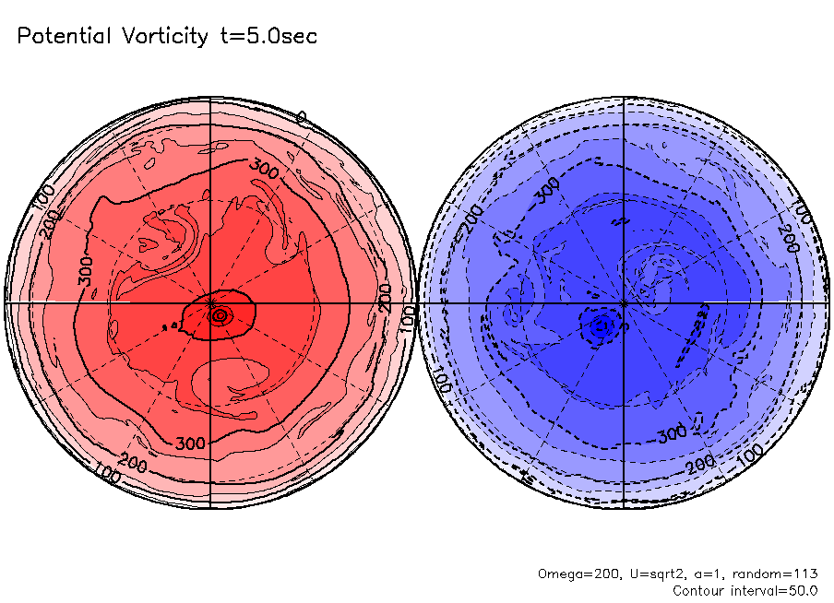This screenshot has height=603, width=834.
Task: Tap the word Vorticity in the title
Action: point(165,36)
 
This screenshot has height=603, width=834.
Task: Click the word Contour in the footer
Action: point(697,590)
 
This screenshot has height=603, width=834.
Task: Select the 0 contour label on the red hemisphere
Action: point(301,117)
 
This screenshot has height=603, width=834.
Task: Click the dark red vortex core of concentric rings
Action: point(220,315)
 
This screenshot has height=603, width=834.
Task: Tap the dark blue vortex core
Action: point(602,325)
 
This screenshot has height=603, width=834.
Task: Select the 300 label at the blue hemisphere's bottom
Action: point(673,433)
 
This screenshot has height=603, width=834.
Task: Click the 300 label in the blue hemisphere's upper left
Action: point(547,188)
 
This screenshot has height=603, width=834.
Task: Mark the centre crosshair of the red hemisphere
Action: point(211,302)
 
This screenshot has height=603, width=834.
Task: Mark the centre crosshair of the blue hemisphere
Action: point(625,302)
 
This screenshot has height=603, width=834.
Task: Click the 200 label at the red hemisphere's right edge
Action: point(386,295)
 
